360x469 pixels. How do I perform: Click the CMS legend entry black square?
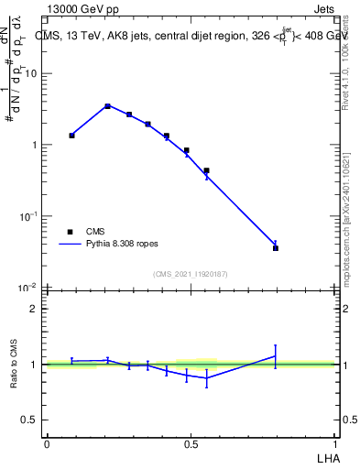70,232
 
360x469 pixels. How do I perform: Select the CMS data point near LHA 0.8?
276,248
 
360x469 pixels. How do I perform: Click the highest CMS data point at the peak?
107,106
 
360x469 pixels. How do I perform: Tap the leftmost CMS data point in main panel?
71,135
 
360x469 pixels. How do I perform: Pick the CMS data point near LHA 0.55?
206,170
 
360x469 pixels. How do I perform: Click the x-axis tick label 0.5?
190,443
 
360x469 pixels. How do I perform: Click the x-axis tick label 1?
334,443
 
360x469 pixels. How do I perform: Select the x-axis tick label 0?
46,443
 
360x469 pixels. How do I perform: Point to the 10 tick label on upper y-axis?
29,73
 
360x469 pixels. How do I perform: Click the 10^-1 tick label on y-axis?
27,216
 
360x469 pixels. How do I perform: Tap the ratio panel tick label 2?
34,309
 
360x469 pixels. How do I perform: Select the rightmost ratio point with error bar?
276,355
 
